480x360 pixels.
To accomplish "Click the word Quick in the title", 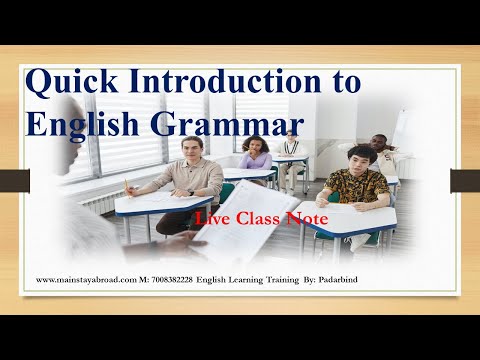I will [x=71, y=84].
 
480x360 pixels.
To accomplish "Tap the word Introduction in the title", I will [x=226, y=82].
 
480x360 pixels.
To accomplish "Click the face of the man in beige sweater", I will [x=194, y=148].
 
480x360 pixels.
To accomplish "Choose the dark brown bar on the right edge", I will [x=465, y=180].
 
